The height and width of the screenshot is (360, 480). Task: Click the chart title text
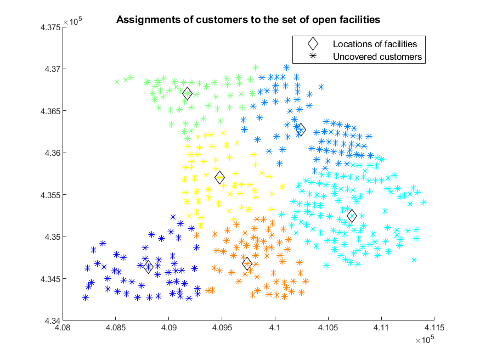pyautogui.click(x=248, y=20)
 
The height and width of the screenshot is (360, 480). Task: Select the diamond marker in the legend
pyautogui.click(x=313, y=44)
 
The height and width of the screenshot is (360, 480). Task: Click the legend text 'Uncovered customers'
pyautogui.click(x=377, y=57)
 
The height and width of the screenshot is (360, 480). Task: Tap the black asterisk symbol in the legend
pyautogui.click(x=313, y=56)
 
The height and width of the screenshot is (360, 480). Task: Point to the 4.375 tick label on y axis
pyautogui.click(x=50, y=27)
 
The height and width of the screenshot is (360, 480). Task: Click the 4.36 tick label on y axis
pyautogui.click(x=53, y=153)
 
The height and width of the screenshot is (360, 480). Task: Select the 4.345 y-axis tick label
pyautogui.click(x=50, y=279)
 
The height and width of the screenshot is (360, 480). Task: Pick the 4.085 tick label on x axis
pyautogui.click(x=116, y=328)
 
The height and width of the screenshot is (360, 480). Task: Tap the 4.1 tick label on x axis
pyautogui.click(x=275, y=328)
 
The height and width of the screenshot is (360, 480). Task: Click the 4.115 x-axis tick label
pyautogui.click(x=434, y=328)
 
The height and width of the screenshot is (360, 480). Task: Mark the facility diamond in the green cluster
pyautogui.click(x=188, y=94)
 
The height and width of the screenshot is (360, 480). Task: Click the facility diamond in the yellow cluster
pyautogui.click(x=219, y=177)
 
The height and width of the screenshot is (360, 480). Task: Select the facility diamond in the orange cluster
pyautogui.click(x=247, y=263)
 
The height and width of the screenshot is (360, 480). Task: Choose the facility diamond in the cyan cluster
pyautogui.click(x=352, y=216)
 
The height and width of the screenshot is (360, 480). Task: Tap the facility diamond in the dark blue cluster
pyautogui.click(x=149, y=267)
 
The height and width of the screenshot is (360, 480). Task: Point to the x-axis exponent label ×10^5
pyautogui.click(x=425, y=340)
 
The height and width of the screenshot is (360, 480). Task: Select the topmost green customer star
pyautogui.click(x=255, y=67)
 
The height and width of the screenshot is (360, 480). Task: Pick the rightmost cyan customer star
pyautogui.click(x=423, y=202)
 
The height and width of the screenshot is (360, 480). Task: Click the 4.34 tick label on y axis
pyautogui.click(x=53, y=321)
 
